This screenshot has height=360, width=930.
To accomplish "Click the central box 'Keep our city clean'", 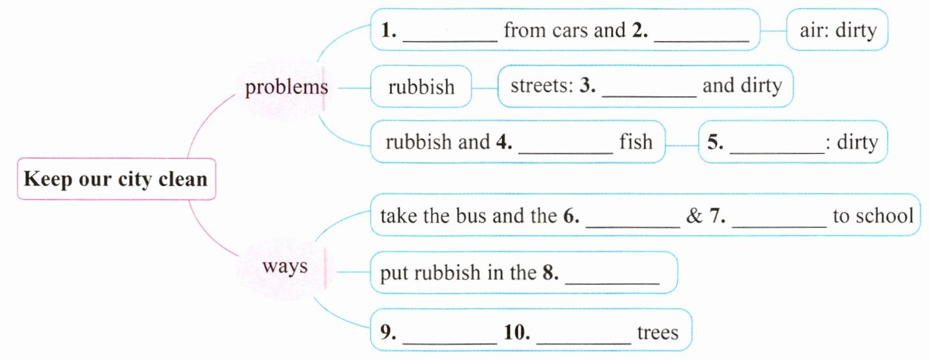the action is point(115,178).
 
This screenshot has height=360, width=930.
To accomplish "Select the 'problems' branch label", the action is point(286,87).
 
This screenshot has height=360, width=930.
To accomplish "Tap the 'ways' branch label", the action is point(285,266).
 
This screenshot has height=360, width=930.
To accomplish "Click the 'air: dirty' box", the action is point(838,30).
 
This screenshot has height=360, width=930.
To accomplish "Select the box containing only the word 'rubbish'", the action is point(421,86).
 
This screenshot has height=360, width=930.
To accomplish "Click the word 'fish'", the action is point(636,141).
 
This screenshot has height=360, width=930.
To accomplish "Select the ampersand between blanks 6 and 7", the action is point(695,216).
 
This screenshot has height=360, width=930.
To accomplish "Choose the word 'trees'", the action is point(657,333).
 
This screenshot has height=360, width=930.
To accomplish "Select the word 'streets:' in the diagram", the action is point(541,85).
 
